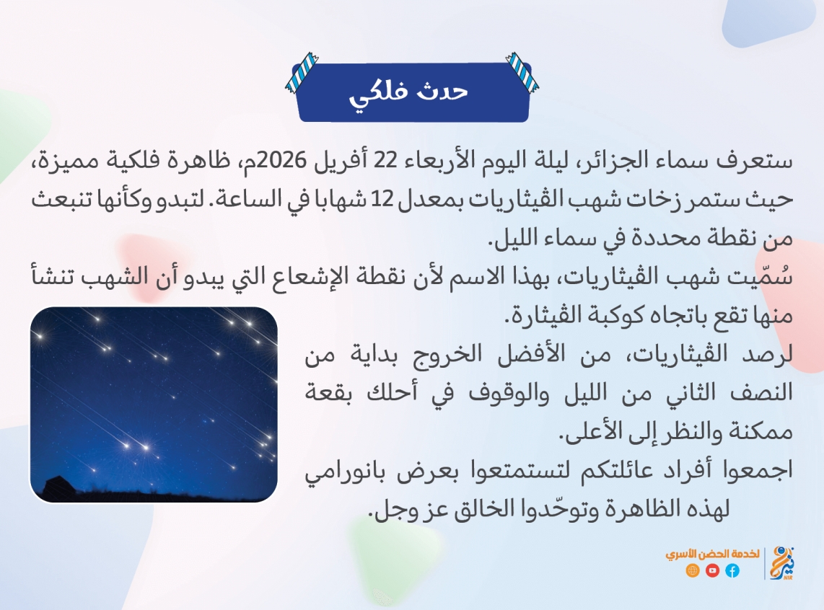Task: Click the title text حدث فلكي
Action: coord(408,94)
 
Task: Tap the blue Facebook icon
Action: coord(732,570)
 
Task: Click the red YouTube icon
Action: coord(713,570)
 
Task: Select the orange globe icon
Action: coord(693,570)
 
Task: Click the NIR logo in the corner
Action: coord(782,562)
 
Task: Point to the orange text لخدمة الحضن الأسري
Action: coord(712,554)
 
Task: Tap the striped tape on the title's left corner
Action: coord(302,73)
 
